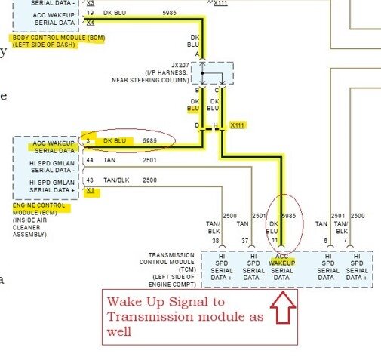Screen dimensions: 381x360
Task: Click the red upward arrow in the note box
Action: click(283, 307)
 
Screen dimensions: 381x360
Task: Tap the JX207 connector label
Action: click(180, 66)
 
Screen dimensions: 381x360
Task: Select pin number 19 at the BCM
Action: click(90, 13)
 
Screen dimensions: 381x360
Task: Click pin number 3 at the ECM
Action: click(88, 140)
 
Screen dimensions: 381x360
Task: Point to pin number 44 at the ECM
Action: click(90, 160)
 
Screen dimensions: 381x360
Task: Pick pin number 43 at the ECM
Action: click(90, 180)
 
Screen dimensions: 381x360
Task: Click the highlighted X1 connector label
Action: click(91, 190)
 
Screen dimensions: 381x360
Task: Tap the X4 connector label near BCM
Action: click(91, 23)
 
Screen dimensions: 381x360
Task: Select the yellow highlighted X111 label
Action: click(237, 125)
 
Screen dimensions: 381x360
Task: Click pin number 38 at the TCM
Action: click(215, 241)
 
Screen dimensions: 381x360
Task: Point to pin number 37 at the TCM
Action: click(245, 241)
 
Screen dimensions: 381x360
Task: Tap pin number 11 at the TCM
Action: click(275, 240)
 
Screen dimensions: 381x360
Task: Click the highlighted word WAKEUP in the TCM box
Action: click(281, 263)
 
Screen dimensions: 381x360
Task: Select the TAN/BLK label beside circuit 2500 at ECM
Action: click(116, 180)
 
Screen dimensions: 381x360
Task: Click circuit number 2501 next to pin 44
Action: click(149, 160)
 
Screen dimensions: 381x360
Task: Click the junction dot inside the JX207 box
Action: click(202, 73)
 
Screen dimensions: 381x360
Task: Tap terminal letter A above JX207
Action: click(197, 54)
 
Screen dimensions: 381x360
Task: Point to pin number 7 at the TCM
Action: click(346, 240)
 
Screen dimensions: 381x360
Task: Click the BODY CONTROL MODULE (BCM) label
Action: click(59, 38)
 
